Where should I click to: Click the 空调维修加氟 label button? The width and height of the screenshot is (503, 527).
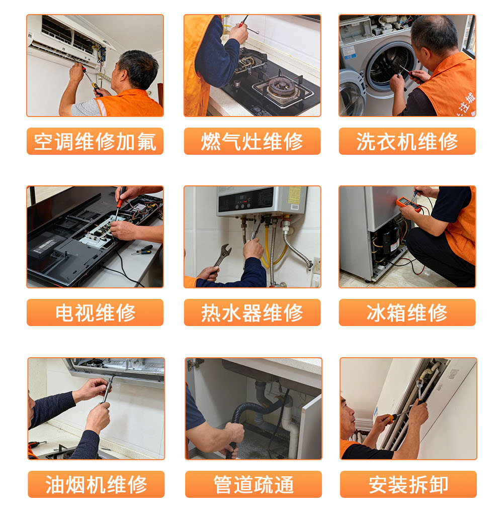click(x=95, y=141)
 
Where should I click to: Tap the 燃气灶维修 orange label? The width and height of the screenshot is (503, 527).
click(x=252, y=141)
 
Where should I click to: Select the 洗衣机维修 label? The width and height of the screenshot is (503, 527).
click(x=407, y=141)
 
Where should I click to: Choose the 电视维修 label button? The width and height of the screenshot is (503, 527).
click(x=95, y=312)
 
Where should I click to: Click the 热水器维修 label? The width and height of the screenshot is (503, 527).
click(x=252, y=312)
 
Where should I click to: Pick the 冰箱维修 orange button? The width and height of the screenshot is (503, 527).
click(x=407, y=312)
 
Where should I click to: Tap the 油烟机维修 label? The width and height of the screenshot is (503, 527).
click(x=96, y=484)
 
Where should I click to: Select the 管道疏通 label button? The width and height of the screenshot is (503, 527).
click(x=254, y=484)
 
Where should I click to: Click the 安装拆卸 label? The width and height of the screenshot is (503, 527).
click(x=408, y=484)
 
